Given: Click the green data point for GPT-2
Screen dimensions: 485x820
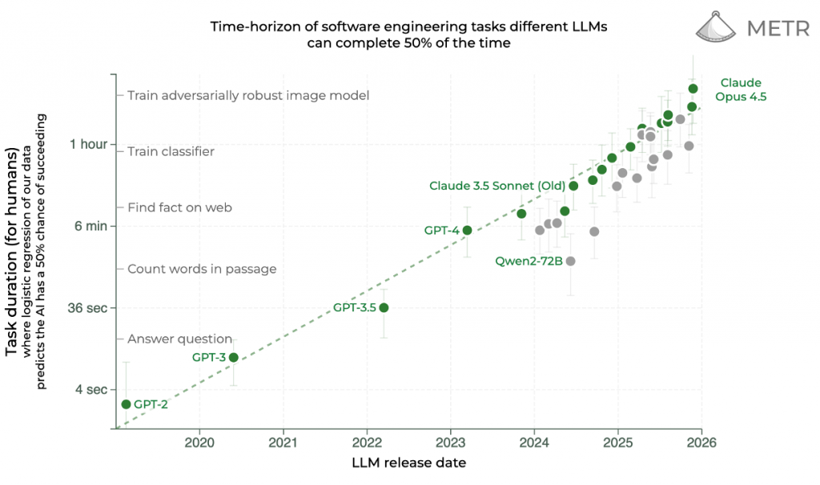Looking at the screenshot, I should point(126,404).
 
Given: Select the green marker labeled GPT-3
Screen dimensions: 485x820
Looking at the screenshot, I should point(233,357).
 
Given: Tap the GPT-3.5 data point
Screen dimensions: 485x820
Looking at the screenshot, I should point(384,307).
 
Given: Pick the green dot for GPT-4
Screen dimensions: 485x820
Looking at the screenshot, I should point(467,230).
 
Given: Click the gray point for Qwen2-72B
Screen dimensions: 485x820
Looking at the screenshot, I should point(570,261).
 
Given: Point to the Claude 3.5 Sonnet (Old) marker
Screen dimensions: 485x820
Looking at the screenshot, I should point(573,186).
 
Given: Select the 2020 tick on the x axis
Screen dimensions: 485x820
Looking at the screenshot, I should point(199,442).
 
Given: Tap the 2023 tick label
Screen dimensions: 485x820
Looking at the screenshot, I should point(450,442).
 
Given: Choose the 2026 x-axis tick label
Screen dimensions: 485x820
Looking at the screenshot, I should point(701,442).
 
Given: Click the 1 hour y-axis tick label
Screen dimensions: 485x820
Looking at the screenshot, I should point(87,144).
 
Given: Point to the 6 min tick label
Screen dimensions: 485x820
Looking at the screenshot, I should point(90,226).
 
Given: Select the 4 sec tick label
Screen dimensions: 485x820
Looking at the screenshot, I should point(90,389).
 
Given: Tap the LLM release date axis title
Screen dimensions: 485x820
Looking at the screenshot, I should point(408,463).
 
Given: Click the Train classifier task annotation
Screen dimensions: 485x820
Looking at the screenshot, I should point(171,151).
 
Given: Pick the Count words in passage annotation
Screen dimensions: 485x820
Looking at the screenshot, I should point(202,269).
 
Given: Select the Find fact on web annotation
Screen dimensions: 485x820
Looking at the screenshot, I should point(179,207).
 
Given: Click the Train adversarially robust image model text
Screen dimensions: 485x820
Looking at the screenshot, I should point(248,95).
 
